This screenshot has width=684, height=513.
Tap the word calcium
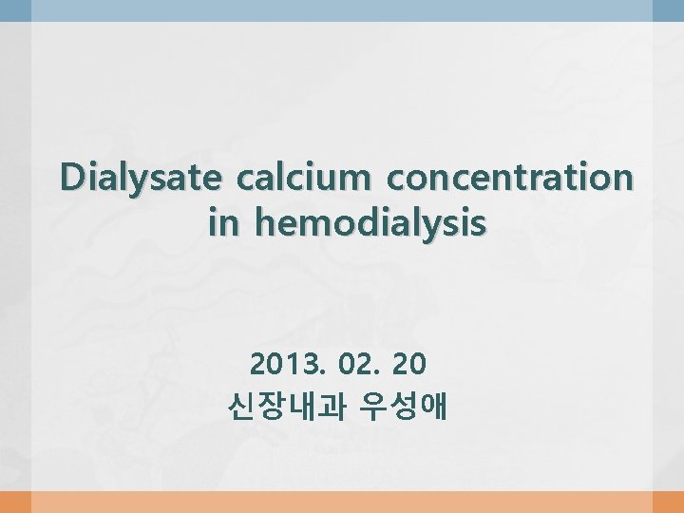(x=299, y=178)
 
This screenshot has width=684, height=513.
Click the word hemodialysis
(x=372, y=224)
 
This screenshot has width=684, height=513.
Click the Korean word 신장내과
(x=285, y=408)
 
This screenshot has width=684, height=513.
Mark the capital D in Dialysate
(x=72, y=178)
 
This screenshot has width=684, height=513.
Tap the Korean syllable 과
(x=330, y=408)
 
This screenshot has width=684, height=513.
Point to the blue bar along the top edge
(x=342, y=9)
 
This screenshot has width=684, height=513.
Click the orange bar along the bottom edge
(x=342, y=503)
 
